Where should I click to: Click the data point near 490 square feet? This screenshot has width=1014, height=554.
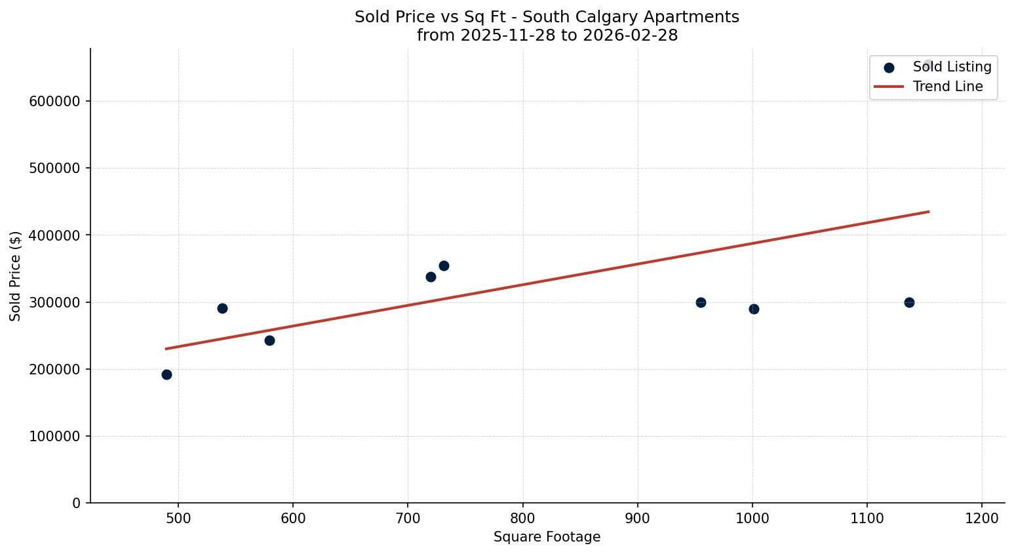[166, 374]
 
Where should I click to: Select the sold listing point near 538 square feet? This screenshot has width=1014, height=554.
[222, 308]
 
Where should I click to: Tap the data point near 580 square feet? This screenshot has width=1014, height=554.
[269, 340]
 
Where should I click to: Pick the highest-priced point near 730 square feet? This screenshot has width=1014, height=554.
[444, 266]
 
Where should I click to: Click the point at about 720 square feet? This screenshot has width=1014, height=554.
[431, 277]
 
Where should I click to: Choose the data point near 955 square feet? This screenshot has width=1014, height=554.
[701, 302]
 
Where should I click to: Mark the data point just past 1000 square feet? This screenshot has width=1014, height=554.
[754, 309]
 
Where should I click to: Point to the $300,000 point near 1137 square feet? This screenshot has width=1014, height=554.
[909, 302]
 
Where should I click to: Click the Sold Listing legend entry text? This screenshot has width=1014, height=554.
[952, 67]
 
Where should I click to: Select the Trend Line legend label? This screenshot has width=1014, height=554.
[948, 87]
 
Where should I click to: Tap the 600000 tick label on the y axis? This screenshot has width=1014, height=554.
[55, 102]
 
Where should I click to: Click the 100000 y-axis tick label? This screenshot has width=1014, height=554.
[55, 437]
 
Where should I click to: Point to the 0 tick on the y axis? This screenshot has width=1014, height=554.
[77, 504]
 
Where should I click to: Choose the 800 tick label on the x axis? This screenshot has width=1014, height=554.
[523, 518]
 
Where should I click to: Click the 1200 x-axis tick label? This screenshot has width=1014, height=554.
[982, 518]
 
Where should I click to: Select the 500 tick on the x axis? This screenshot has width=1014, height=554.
[178, 518]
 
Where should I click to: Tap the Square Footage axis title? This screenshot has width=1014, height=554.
[547, 538]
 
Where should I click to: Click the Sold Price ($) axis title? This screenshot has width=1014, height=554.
[16, 276]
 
